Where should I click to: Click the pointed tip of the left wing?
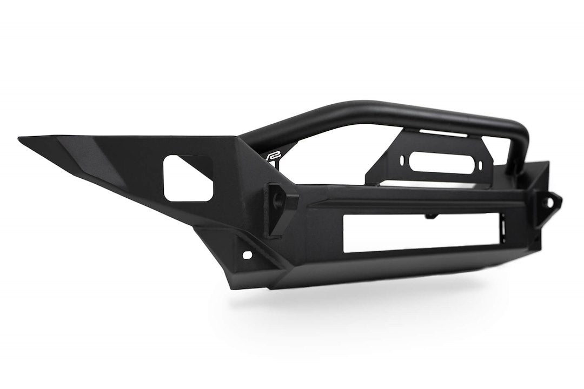[x=20, y=139]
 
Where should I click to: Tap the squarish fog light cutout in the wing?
[x=185, y=178]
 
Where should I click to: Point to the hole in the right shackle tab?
[x=553, y=202]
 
